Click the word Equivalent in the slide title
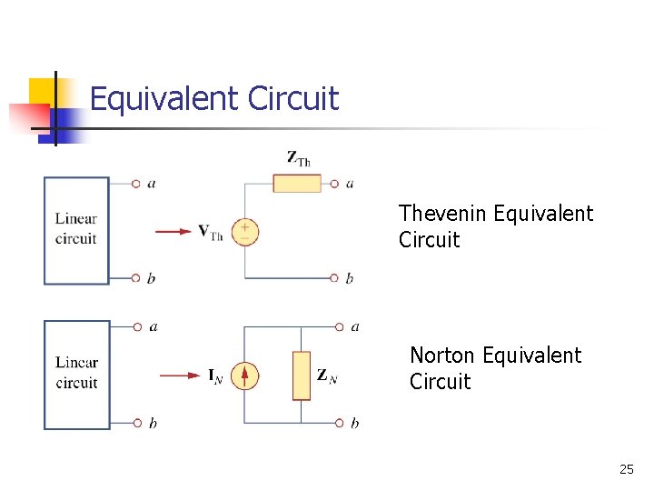(167, 98)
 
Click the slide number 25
(626, 470)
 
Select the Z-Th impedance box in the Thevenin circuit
(297, 184)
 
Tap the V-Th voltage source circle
(244, 232)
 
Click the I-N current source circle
(244, 376)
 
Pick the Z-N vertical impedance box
(302, 376)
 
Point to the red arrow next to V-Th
(173, 232)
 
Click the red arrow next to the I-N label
(179, 376)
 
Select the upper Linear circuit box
(76, 230)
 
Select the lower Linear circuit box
(76, 374)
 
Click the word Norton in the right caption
(443, 356)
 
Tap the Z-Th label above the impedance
(299, 158)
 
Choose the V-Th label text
(211, 232)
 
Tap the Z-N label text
(326, 376)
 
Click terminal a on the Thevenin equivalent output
(337, 184)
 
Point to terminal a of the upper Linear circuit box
(135, 184)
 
